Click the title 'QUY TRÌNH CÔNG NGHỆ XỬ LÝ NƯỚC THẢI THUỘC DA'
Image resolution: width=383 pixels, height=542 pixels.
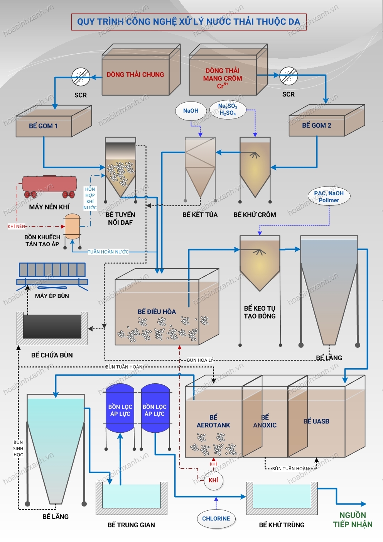coord(189,22)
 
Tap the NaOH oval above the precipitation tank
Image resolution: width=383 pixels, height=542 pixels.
coord(191,111)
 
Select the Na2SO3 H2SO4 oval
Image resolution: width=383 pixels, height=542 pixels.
coord(228,109)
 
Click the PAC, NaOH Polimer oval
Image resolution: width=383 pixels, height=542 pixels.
coord(329,196)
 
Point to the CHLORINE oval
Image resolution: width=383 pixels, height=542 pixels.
coord(216,518)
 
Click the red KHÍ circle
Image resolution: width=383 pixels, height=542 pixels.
coord(213,480)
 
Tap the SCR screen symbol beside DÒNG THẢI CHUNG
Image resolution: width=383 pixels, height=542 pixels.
coord(81,77)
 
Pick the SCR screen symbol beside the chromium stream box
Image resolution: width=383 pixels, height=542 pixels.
coord(289,76)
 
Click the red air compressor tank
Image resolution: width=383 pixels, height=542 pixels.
coord(49,185)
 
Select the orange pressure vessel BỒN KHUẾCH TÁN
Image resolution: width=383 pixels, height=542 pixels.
coord(72,227)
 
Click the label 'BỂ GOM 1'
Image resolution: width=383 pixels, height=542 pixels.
coord(43,126)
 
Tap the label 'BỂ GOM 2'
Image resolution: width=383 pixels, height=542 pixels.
coord(317,125)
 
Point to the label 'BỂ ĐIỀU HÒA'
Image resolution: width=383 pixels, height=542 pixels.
coord(157,312)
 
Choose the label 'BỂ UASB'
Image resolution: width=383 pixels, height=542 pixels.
coord(316,421)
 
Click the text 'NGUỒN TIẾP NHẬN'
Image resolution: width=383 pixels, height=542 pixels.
coord(353,520)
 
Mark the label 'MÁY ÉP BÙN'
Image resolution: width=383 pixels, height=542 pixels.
coord(52,296)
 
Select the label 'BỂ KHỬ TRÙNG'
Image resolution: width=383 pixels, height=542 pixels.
coord(282,525)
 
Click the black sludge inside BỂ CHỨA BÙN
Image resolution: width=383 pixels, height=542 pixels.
coord(52,326)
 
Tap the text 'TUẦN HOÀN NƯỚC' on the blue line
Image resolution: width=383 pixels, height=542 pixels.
coord(108,252)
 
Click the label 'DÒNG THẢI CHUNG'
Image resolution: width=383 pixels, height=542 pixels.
coord(135,75)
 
